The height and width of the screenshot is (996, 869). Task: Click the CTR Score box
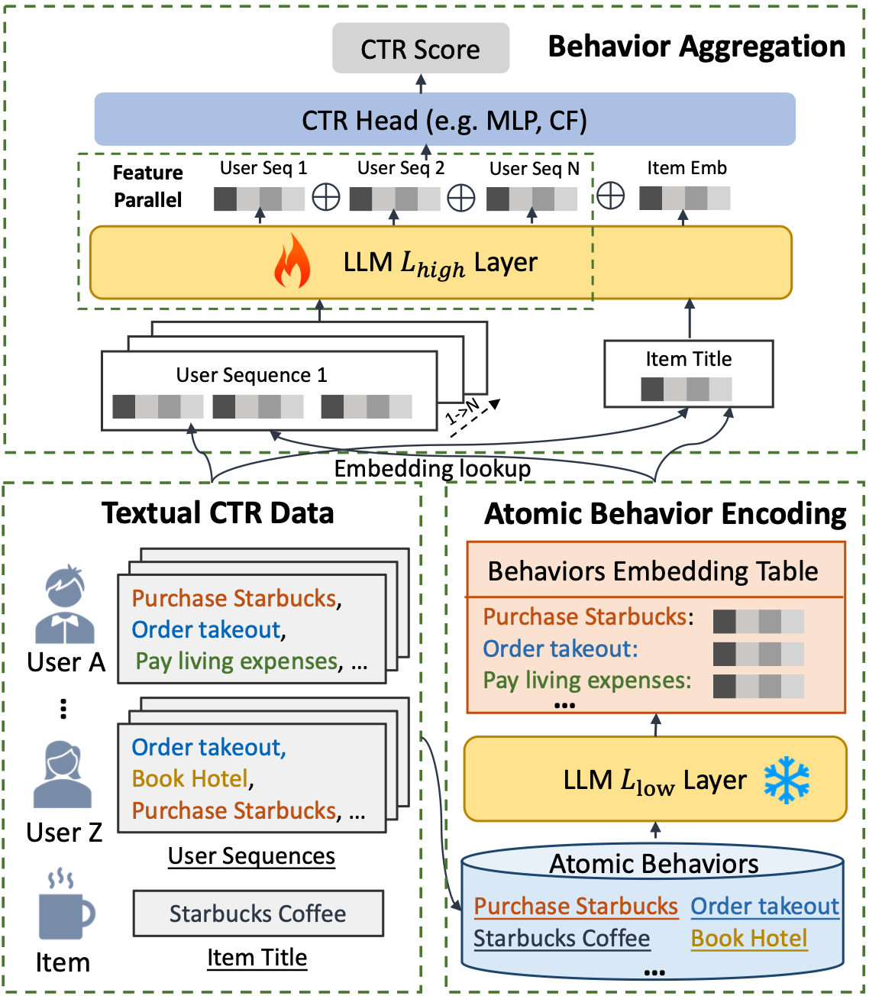pyautogui.click(x=421, y=49)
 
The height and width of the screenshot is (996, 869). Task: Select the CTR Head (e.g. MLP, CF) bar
pyautogui.click(x=444, y=120)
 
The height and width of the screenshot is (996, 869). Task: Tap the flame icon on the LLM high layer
pyautogui.click(x=292, y=261)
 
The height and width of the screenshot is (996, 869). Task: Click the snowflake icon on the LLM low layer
pyautogui.click(x=787, y=781)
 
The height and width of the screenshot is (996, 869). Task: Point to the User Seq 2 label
pyautogui.click(x=401, y=168)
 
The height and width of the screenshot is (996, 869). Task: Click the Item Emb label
pyautogui.click(x=686, y=168)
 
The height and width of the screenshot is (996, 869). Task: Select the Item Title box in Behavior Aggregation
pyautogui.click(x=688, y=373)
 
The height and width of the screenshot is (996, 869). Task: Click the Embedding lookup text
pyautogui.click(x=432, y=468)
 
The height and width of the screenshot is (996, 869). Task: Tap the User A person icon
pyautogui.click(x=65, y=604)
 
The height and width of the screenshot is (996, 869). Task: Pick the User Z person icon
pyautogui.click(x=63, y=775)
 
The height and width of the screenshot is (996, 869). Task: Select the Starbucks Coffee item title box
pyautogui.click(x=258, y=914)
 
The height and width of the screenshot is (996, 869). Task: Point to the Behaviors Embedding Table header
pyautogui.click(x=653, y=571)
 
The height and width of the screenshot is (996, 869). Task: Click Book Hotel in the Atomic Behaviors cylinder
pyautogui.click(x=749, y=938)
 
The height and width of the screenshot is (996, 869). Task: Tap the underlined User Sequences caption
pyautogui.click(x=251, y=856)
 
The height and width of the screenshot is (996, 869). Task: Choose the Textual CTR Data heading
pyautogui.click(x=218, y=513)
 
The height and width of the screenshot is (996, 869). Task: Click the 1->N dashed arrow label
pyautogui.click(x=463, y=412)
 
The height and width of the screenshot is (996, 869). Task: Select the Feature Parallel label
pyautogui.click(x=147, y=186)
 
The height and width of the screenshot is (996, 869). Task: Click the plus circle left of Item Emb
pyautogui.click(x=610, y=196)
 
